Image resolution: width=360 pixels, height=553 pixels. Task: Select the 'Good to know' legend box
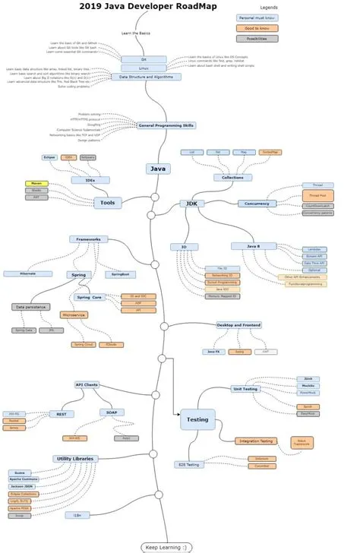click(x=257, y=27)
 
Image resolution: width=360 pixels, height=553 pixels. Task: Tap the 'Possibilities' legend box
click(x=257, y=38)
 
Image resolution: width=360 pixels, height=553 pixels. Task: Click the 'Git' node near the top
click(x=144, y=58)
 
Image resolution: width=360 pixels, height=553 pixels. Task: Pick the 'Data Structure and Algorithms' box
click(x=147, y=77)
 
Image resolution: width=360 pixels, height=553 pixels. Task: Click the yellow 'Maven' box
click(x=36, y=183)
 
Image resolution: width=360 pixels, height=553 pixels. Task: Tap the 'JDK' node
click(x=190, y=204)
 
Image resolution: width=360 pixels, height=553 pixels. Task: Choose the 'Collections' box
click(x=228, y=177)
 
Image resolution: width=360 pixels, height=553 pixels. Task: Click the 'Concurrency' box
click(x=257, y=204)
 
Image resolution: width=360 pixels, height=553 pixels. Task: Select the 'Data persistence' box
click(x=30, y=307)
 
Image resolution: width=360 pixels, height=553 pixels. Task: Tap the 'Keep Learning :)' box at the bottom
click(x=166, y=546)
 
